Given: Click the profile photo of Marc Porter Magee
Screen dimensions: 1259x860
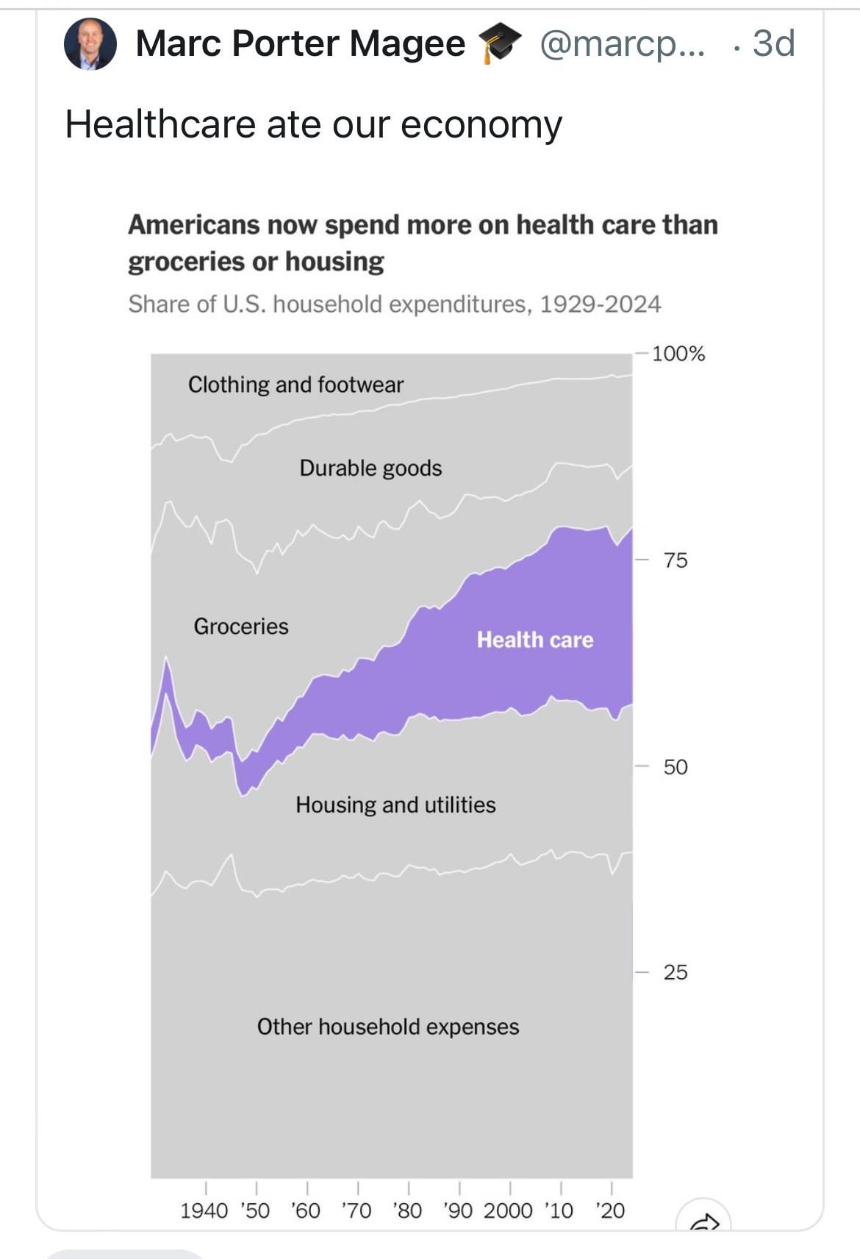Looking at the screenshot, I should [90, 44].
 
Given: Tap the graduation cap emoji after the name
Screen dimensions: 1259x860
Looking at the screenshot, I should [500, 43].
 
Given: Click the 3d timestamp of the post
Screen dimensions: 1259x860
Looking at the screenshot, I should [773, 43].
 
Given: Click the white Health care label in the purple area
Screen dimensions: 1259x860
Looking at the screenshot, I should [534, 640].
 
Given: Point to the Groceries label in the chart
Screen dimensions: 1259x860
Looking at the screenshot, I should [241, 627].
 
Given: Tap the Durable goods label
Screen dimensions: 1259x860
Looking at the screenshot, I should [370, 468].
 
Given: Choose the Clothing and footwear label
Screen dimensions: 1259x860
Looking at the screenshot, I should [295, 385].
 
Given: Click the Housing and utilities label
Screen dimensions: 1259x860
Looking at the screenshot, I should [395, 805].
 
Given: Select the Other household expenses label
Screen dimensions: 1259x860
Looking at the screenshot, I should [387, 1027].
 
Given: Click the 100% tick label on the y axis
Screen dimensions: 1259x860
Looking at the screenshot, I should [678, 354].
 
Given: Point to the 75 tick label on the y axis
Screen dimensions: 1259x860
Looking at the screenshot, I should [676, 560].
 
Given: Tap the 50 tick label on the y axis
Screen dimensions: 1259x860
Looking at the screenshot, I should [676, 767].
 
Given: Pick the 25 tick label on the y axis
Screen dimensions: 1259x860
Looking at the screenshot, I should [676, 972].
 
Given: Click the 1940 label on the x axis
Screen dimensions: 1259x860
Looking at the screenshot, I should [204, 1210].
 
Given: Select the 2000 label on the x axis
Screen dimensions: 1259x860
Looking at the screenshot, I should [508, 1210].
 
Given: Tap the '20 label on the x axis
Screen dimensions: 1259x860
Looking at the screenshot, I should [610, 1210].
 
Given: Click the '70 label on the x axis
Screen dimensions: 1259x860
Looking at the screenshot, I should [356, 1210].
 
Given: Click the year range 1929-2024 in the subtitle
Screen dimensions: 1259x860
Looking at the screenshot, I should [600, 304].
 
